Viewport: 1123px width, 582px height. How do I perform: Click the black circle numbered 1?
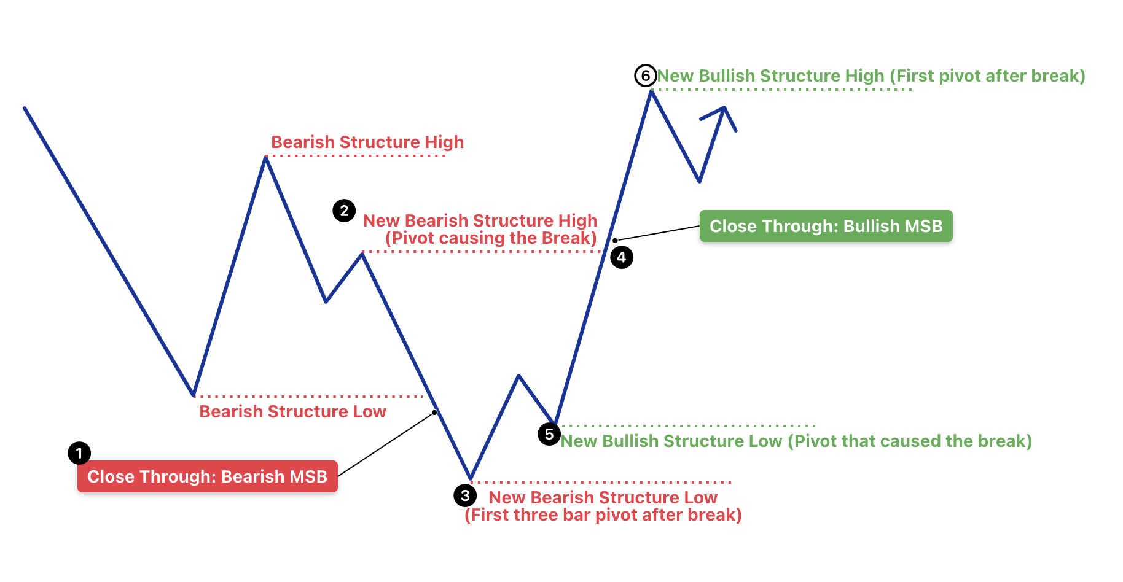79,453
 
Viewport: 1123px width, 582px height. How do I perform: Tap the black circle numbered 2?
344,211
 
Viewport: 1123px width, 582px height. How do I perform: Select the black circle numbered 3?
465,495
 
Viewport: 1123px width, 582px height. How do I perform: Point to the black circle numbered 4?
622,257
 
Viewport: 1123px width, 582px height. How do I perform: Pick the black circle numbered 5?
549,434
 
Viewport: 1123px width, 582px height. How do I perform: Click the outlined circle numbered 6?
646,76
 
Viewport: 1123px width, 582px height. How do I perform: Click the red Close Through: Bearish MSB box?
208,476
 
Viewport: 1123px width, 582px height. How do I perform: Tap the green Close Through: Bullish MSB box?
826,226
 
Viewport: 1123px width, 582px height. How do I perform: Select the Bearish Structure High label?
367,142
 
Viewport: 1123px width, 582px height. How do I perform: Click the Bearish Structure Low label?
292,411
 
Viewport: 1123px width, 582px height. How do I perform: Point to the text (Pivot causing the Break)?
491,238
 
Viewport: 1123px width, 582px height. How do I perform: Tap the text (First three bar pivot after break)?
603,514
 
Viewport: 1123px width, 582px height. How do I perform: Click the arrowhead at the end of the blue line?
724,109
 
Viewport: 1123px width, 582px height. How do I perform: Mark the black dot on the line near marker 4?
615,240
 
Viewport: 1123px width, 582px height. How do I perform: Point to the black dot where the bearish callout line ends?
434,413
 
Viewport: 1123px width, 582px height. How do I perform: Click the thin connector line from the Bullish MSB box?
657,233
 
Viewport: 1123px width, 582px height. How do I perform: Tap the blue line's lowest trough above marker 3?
471,478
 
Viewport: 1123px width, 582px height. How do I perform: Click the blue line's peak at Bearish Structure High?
265,158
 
